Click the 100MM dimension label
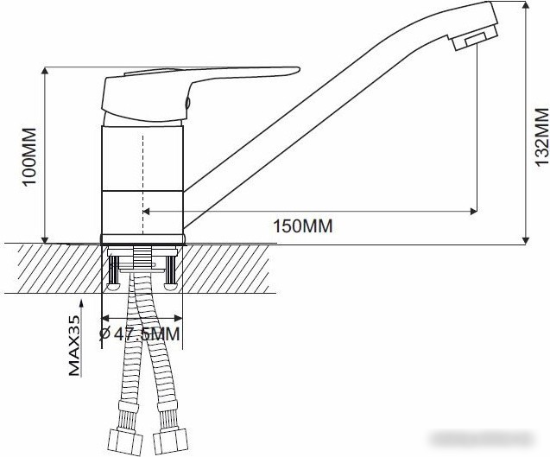29,156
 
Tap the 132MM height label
541,136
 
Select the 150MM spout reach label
303,225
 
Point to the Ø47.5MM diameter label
140,333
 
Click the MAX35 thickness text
74,346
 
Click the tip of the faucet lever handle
299,69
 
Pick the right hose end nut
171,440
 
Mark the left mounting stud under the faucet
114,273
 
